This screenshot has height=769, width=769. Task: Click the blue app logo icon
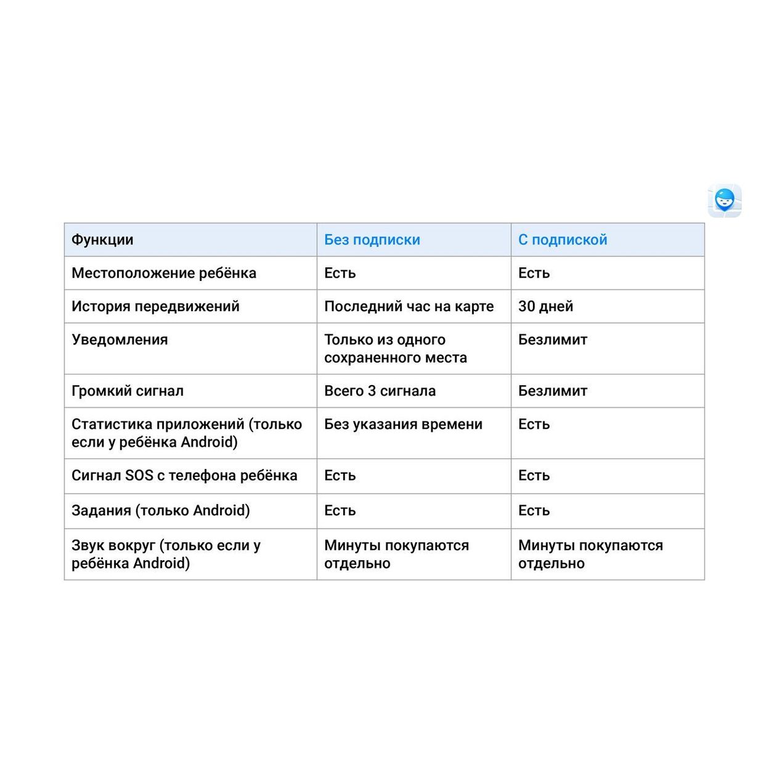click(x=724, y=201)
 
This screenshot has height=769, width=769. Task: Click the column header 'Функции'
click(x=102, y=240)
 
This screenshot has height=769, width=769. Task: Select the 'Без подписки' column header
click(x=372, y=240)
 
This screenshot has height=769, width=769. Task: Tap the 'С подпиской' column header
click(x=563, y=240)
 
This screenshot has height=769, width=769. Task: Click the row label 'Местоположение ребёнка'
click(x=164, y=273)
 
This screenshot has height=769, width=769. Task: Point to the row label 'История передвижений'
click(x=155, y=306)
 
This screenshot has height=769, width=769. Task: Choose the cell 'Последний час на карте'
click(x=409, y=306)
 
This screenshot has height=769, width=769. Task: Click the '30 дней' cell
click(x=545, y=306)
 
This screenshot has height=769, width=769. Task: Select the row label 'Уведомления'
click(x=120, y=340)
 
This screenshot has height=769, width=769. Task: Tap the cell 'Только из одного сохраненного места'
click(x=396, y=349)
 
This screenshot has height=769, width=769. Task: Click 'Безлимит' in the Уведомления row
click(x=553, y=340)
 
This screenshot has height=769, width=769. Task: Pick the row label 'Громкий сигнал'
click(x=128, y=391)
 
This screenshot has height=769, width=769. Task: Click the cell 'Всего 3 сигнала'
click(x=380, y=391)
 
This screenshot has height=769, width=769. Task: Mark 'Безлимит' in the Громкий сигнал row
click(x=553, y=391)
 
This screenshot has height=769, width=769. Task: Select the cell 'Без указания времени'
click(x=403, y=424)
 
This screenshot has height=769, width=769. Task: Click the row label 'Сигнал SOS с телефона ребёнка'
click(x=184, y=475)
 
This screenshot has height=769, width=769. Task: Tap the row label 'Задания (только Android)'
click(x=161, y=510)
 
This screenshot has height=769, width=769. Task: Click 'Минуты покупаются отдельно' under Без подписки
click(x=396, y=554)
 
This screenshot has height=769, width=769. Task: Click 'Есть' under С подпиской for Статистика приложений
click(x=534, y=424)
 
